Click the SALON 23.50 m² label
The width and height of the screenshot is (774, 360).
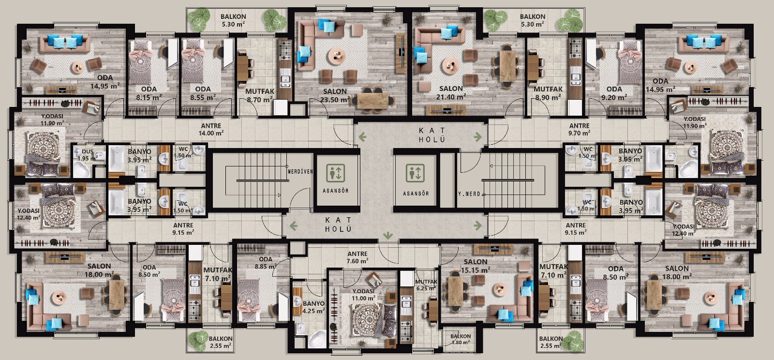click(336, 96)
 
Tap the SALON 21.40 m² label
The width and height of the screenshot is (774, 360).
click(451, 92)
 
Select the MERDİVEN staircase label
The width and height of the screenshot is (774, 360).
click(300, 171)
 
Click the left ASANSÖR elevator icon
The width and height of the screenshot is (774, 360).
click(335, 173)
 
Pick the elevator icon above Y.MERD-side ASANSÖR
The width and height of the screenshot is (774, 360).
click(415, 173)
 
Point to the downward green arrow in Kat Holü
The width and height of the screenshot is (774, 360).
click(388, 236)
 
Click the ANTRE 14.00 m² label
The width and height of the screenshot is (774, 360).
click(211, 130)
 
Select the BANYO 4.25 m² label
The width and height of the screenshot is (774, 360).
click(313, 307)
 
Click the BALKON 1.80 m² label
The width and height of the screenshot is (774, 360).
click(460, 339)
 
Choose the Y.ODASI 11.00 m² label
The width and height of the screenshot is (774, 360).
click(364, 294)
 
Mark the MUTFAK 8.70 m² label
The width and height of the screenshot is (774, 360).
click(260, 96)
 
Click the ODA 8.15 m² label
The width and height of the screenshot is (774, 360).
click(149, 93)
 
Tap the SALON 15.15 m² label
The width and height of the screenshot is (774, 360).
click(476, 266)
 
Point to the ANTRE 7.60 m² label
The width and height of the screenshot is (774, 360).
click(357, 257)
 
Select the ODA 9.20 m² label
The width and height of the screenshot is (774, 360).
click(614, 93)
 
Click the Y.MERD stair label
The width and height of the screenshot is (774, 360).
click(469, 194)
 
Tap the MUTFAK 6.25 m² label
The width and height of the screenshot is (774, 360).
click(426, 285)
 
